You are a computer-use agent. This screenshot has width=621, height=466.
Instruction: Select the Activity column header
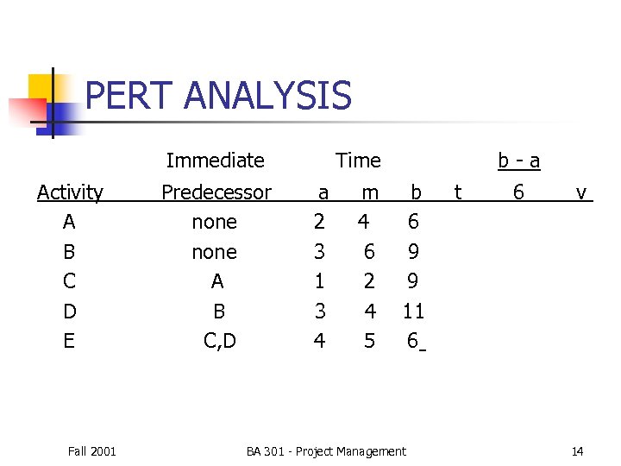70,192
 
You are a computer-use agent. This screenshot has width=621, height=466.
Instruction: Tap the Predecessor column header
216,192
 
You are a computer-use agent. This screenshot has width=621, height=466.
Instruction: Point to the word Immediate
215,161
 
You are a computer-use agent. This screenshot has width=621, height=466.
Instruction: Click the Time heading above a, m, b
358,161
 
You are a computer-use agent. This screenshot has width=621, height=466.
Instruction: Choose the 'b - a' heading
519,161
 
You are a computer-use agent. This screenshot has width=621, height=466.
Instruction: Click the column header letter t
457,192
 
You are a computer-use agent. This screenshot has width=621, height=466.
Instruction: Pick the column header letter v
581,192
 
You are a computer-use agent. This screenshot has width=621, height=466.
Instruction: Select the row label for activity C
69,281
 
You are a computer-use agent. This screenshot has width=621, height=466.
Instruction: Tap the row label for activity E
69,341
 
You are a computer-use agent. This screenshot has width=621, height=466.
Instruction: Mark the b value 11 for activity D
413,311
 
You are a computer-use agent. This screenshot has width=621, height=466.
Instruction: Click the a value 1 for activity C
319,281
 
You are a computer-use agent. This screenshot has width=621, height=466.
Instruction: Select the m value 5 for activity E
369,341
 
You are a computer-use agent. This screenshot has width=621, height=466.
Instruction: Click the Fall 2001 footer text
91,451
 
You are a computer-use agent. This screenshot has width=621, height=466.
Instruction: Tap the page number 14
577,451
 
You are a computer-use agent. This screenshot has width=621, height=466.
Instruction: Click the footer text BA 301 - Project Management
325,451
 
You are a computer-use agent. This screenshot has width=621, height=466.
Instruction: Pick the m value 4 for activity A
364,222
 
